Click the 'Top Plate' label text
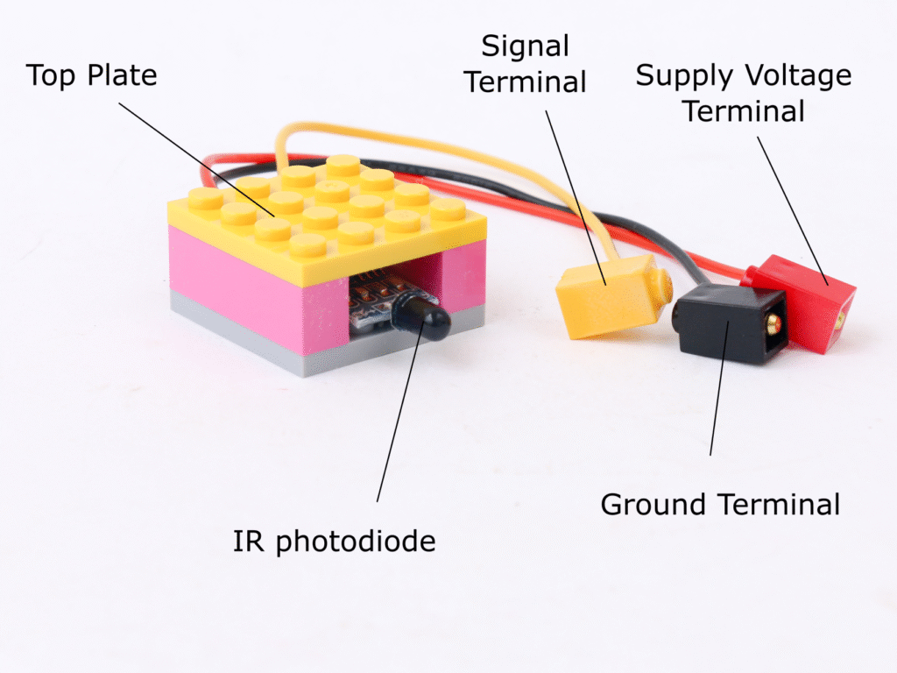92,75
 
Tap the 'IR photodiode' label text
334,542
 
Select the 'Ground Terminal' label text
720,505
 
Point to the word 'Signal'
526,46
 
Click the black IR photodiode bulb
422,316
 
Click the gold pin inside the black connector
773,324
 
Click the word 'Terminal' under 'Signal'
526,82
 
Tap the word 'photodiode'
354,542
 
